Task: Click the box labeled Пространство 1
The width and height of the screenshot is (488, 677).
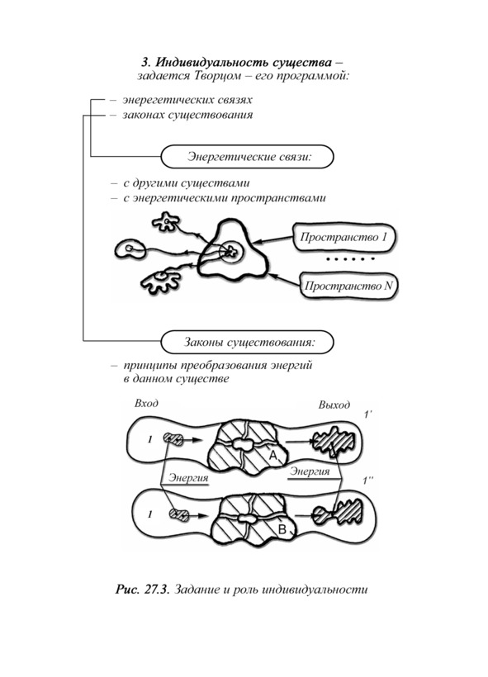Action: click(x=344, y=237)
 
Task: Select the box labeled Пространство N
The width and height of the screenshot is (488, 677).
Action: click(x=348, y=286)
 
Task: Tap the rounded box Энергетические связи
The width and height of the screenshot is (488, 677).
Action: click(x=247, y=156)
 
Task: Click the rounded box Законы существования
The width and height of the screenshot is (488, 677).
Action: click(x=247, y=343)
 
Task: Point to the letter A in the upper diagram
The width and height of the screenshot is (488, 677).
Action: click(x=273, y=455)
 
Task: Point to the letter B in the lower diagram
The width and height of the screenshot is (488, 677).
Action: click(x=282, y=529)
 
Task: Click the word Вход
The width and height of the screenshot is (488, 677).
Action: click(x=146, y=403)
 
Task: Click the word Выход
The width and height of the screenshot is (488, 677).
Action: click(x=334, y=405)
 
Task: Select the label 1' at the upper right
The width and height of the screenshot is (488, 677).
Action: click(x=368, y=415)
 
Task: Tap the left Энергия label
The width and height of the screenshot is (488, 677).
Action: click(x=188, y=478)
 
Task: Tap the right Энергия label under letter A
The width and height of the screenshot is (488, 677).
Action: click(x=309, y=471)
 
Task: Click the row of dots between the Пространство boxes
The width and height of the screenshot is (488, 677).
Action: click(x=350, y=259)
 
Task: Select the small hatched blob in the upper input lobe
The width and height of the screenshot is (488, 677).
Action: click(x=173, y=439)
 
